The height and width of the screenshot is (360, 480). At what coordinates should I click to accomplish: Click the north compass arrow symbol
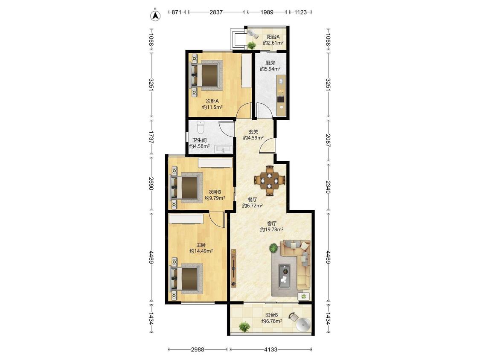tap(156, 16)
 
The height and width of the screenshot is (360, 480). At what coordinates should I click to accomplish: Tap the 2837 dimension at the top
tap(216, 12)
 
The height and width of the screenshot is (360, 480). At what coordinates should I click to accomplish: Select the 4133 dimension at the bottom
tap(271, 349)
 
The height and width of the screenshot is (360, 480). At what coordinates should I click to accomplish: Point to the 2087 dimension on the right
tap(328, 140)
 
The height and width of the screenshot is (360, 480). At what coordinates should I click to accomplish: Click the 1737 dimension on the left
tap(151, 137)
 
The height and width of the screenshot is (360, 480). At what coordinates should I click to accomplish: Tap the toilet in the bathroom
tap(201, 128)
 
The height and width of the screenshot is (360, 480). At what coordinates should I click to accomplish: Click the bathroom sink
tap(224, 149)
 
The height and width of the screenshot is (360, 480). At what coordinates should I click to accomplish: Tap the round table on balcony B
tap(304, 325)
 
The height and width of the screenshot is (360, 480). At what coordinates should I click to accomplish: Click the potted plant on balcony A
tap(252, 45)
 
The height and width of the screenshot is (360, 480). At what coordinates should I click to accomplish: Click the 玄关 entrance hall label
tap(253, 132)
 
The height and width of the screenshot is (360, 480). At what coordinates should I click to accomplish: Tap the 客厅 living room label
tap(271, 224)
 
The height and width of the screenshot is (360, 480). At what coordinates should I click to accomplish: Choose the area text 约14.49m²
tap(201, 251)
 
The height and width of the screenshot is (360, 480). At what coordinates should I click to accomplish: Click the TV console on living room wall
tap(233, 268)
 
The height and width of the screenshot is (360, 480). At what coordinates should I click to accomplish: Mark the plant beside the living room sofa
tap(273, 248)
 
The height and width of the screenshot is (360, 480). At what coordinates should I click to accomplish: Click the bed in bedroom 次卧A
tap(206, 75)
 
